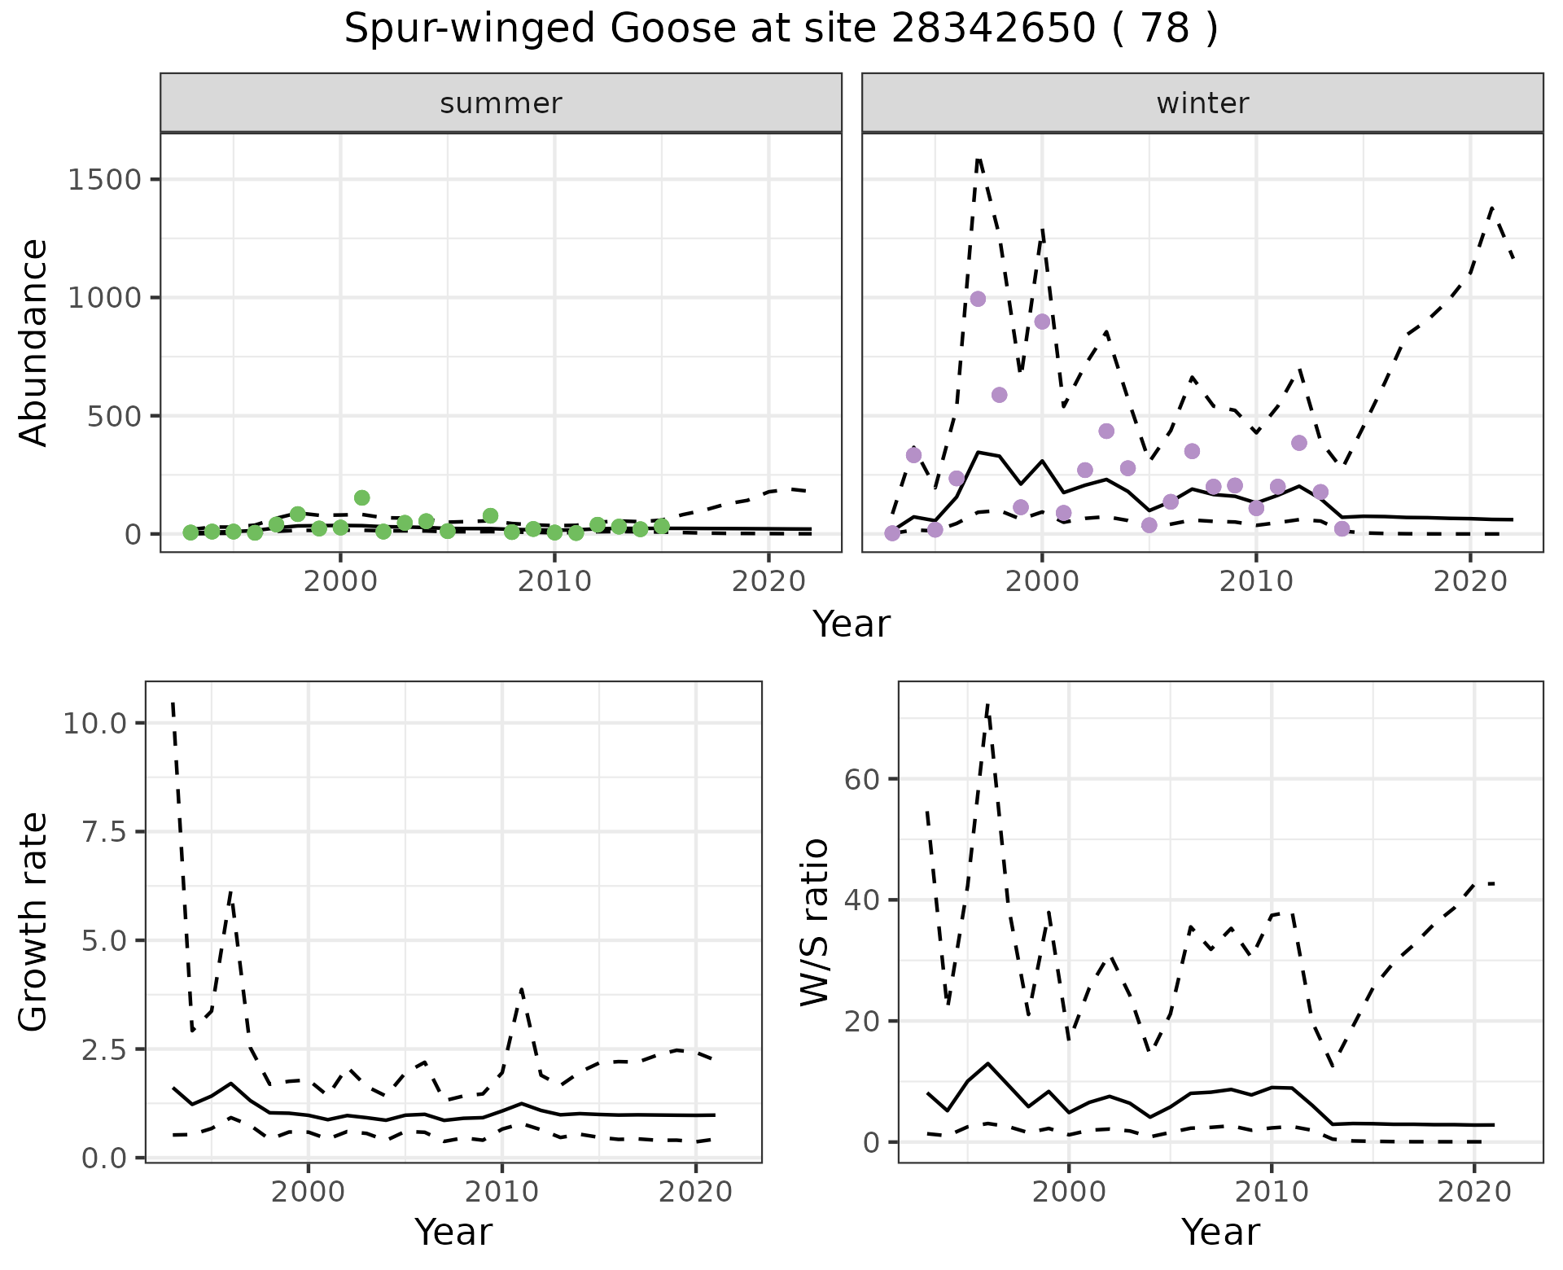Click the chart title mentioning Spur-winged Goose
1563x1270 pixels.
781,29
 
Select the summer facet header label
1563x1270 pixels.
501,103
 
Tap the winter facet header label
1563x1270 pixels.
1202,103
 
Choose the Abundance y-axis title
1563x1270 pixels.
34,342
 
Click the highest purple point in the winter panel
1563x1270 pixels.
978,299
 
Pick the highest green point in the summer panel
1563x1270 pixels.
362,497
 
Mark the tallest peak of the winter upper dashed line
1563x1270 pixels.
979,159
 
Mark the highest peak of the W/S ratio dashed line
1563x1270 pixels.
987,705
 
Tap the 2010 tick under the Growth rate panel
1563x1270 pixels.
501,1192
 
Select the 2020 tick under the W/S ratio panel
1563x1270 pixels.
1473,1192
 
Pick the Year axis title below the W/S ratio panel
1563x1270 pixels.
1220,1232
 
